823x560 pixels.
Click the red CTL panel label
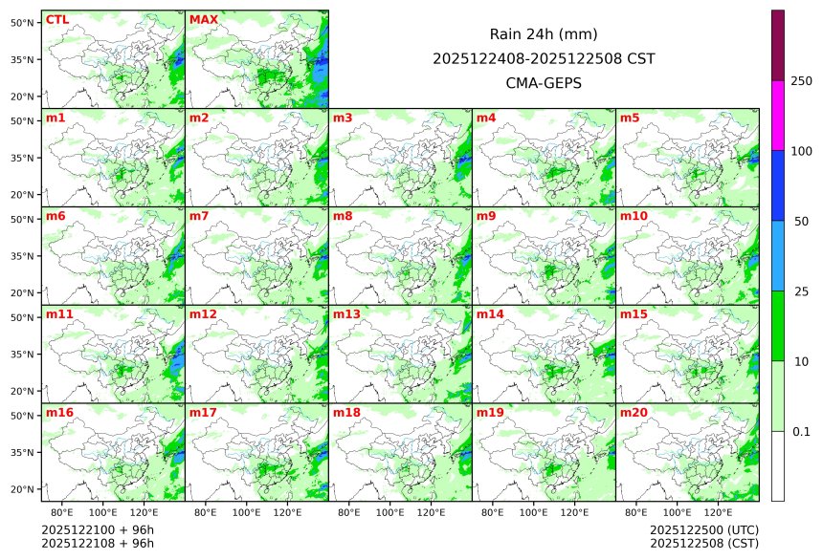point(57,20)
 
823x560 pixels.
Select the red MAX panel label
point(204,20)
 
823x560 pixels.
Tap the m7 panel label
point(200,216)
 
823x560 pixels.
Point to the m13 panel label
point(346,314)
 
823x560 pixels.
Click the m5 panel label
point(631,118)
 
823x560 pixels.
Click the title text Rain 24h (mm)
point(544,34)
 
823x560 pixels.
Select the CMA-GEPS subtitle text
point(544,83)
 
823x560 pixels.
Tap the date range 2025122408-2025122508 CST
point(544,59)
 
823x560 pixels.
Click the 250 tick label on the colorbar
point(802,81)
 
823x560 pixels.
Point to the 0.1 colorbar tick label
point(802,432)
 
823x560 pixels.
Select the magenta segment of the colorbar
point(778,115)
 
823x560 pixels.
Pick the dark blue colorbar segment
point(778,185)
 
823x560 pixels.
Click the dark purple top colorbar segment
point(778,45)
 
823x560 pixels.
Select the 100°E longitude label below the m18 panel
point(390,513)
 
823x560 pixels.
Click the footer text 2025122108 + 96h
point(98,544)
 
